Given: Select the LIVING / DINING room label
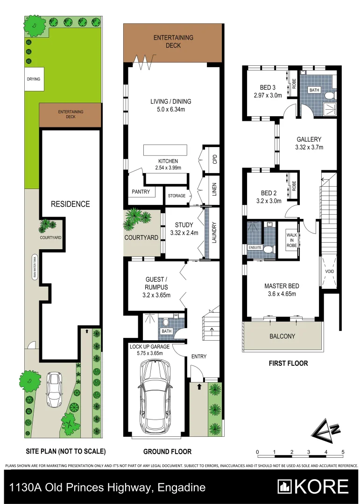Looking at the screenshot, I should pos(170,101).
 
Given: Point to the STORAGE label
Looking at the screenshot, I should pos(176,196).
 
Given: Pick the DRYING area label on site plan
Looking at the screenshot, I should pos(33,79).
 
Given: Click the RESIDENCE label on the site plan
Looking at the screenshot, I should pos(70,204).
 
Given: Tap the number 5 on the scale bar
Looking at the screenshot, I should pos(343,452).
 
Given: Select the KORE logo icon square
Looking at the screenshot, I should pos(284,487).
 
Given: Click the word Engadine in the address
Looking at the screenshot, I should pos(183,488).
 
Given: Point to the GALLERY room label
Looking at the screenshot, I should pos(309,140).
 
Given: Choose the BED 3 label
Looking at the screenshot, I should pos(268,87).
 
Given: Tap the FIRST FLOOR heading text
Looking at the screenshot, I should pos(289,363).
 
